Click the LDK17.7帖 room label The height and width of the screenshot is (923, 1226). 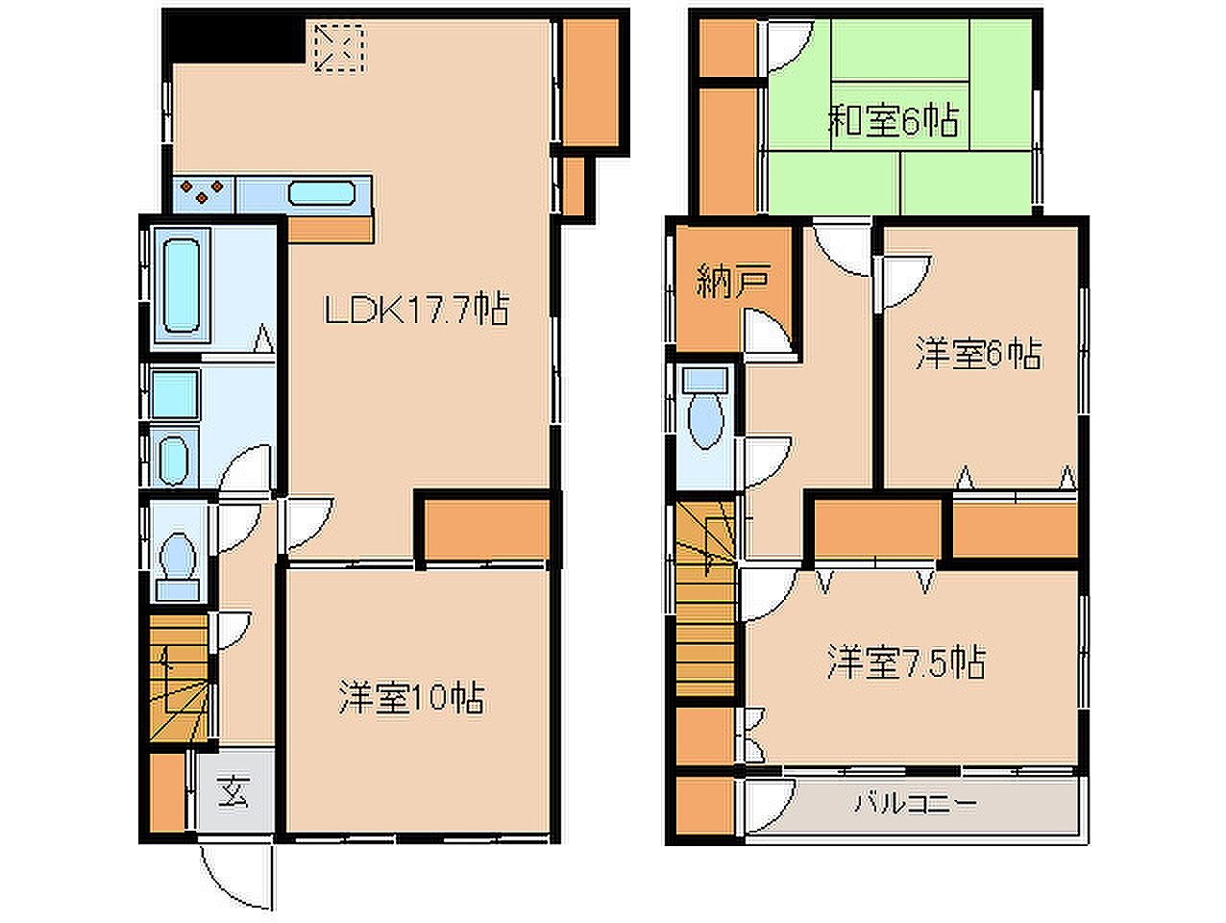pos(417,309)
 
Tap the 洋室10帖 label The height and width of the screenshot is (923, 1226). pos(411,697)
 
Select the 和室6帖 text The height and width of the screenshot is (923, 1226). pos(894,120)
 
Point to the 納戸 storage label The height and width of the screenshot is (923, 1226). pos(733,281)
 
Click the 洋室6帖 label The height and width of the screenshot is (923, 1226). pos(978,353)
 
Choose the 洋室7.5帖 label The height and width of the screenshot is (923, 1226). pos(906,662)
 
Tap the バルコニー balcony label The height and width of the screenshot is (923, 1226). pos(916,804)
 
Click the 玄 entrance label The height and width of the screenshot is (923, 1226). pos(234,791)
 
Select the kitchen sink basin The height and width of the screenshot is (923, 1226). pos(322,193)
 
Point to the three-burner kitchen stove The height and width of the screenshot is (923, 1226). pos(202,194)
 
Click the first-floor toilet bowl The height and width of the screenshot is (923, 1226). pos(178,556)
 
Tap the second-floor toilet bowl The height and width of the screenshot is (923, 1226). pos(705,421)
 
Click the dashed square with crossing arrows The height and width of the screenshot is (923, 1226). pos(338,47)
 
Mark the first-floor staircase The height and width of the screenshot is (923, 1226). pos(179,678)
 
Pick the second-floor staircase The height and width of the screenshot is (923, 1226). pos(705,598)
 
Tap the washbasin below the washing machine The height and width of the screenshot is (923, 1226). pos(173,457)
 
